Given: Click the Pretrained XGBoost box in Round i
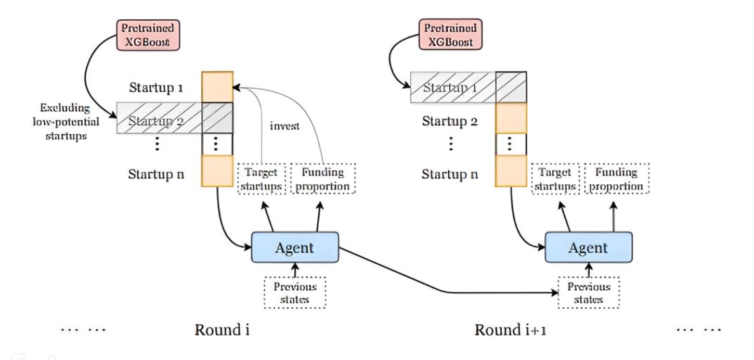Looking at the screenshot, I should click(x=148, y=35).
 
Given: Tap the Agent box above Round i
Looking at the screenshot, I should click(x=295, y=247).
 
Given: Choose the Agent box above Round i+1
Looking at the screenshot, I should click(x=588, y=247).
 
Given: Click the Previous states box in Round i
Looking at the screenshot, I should click(x=295, y=293).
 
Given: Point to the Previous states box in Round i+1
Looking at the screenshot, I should click(x=588, y=293).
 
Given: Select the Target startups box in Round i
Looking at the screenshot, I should click(x=262, y=179).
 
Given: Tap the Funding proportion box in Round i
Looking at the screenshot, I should click(x=322, y=179).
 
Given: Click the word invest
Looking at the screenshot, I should click(x=284, y=126).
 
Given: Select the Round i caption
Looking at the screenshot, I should click(x=222, y=330).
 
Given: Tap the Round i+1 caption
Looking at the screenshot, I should click(x=510, y=330).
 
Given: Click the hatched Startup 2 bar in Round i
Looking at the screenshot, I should click(x=174, y=118).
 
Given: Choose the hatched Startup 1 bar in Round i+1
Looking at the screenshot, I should click(x=468, y=87).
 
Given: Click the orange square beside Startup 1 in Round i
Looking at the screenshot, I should click(x=217, y=87).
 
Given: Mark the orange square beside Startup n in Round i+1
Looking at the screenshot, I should click(x=511, y=171).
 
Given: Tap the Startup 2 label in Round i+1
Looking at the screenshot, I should click(x=450, y=122).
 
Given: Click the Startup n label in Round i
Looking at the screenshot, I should click(x=156, y=174).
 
